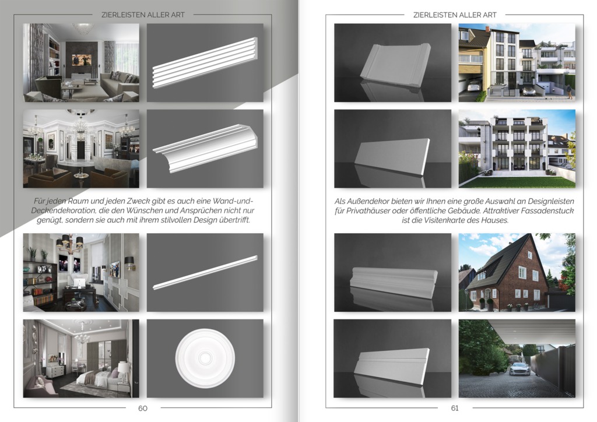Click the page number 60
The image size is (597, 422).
coord(143,408)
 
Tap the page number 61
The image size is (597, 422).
coord(455,408)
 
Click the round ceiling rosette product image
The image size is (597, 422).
coord(205,358)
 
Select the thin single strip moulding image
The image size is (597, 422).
coord(205,272)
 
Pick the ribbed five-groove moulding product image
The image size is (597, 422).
coord(205,63)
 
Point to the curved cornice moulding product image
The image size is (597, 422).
coord(205,149)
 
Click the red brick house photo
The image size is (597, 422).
coord(517,272)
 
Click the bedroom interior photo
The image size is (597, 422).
coord(81,358)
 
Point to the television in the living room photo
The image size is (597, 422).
coord(82,59)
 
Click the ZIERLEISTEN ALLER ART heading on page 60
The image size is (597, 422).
coord(143,15)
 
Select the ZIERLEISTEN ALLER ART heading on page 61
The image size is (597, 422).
coord(455,15)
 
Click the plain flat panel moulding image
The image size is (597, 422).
coord(392,149)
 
